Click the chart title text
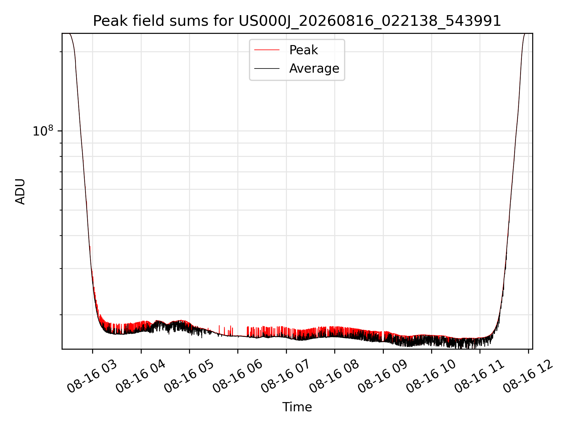pyautogui.click(x=297, y=21)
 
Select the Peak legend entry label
pyautogui.click(x=303, y=50)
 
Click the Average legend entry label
pyautogui.click(x=314, y=68)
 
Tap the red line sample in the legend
pyautogui.click(x=267, y=50)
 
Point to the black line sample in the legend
pyautogui.click(x=267, y=68)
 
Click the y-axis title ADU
pyautogui.click(x=20, y=192)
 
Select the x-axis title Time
pyautogui.click(x=297, y=407)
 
